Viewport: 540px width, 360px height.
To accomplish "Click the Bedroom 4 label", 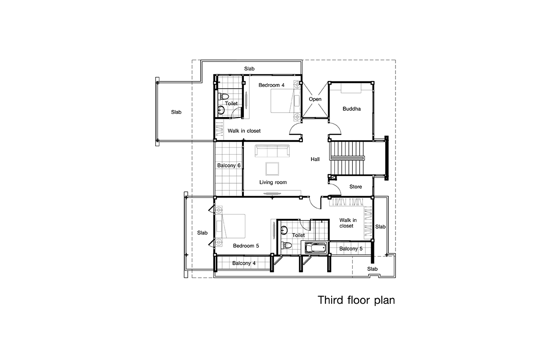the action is point(271,85).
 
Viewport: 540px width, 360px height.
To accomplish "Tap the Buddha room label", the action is point(351,109).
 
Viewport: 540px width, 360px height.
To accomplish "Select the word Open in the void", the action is point(315,99).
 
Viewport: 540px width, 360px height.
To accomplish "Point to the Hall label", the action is point(315,159).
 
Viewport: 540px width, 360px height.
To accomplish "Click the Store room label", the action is point(355,187).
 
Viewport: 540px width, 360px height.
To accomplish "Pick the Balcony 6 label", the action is point(229,166).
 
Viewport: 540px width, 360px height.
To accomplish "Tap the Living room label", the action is point(273,182).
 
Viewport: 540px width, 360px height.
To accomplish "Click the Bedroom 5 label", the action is point(246,246).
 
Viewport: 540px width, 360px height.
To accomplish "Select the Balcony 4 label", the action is point(244,263).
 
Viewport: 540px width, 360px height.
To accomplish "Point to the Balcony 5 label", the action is point(351,248).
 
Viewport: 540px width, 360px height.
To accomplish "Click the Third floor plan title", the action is point(356,300).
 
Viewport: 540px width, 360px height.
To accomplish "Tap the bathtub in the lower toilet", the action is point(315,247).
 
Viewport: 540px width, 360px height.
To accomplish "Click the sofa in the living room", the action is point(272,151).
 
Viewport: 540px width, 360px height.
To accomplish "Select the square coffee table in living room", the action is point(272,169).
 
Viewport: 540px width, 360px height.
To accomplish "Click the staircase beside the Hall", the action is point(346,158).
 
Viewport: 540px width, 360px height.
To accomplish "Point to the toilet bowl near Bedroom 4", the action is point(224,96).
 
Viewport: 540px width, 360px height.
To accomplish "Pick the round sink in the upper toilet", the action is point(221,110).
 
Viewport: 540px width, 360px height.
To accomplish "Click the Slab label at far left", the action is point(176,112).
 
